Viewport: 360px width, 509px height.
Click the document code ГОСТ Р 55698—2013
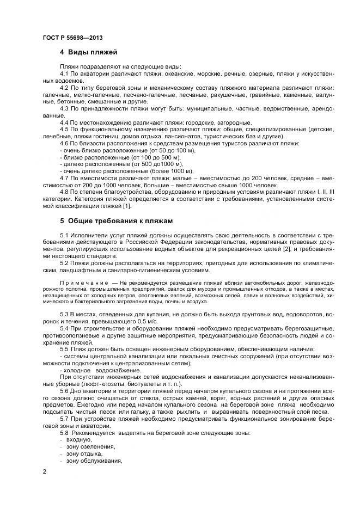click(x=72, y=38)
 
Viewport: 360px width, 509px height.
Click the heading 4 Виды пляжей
click(x=89, y=53)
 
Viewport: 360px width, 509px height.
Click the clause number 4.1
click(x=64, y=73)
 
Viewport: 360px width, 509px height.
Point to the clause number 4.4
click(x=64, y=122)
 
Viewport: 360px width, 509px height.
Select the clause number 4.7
click(x=64, y=177)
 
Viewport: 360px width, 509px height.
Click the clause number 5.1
click(x=64, y=235)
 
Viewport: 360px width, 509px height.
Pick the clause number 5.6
click(x=64, y=391)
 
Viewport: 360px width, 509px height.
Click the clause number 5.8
click(x=64, y=433)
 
